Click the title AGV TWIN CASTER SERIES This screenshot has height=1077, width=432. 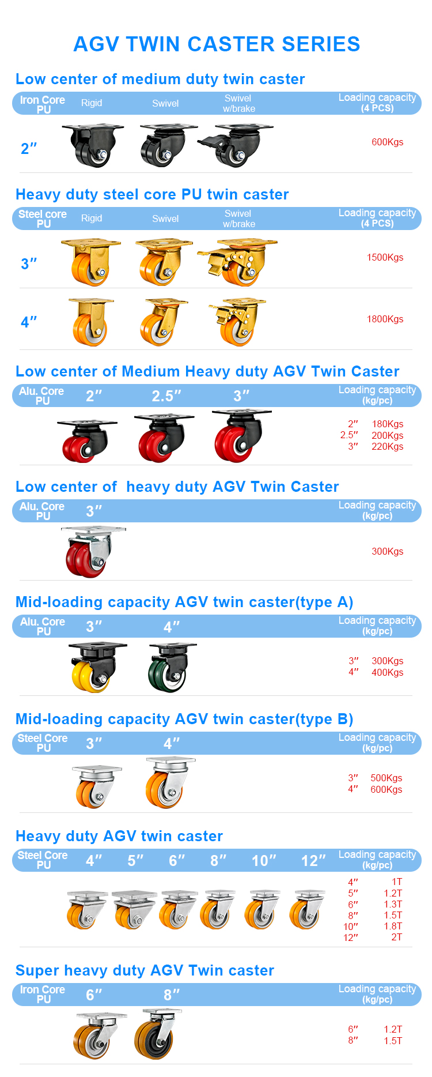pyautogui.click(x=217, y=44)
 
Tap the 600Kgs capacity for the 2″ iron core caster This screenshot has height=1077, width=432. pyautogui.click(x=387, y=142)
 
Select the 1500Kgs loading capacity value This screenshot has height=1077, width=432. pyautogui.click(x=385, y=258)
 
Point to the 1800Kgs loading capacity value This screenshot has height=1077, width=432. pyautogui.click(x=385, y=319)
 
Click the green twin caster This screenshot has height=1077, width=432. pyautogui.click(x=169, y=669)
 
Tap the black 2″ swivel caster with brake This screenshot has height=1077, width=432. pyautogui.click(x=236, y=145)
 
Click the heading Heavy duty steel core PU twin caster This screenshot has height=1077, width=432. pyautogui.click(x=152, y=195)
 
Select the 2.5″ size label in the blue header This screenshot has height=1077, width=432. pyautogui.click(x=166, y=396)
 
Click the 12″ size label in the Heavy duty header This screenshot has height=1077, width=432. pyautogui.click(x=313, y=861)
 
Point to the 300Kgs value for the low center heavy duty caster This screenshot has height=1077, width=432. pyautogui.click(x=387, y=552)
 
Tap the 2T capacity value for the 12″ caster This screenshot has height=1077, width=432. pyautogui.click(x=396, y=937)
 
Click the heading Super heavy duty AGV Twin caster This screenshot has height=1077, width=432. pyautogui.click(x=145, y=971)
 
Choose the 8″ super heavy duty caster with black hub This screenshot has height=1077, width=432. pyautogui.click(x=156, y=1035)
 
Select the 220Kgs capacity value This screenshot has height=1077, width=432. pyautogui.click(x=387, y=447)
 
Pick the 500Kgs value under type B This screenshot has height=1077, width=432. pyautogui.click(x=386, y=778)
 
